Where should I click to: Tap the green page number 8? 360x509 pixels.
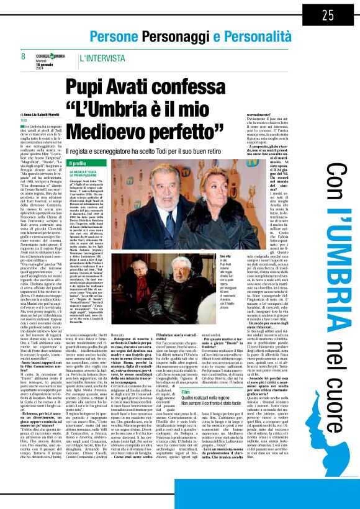22,56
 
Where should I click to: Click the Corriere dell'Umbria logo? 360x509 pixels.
50,56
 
